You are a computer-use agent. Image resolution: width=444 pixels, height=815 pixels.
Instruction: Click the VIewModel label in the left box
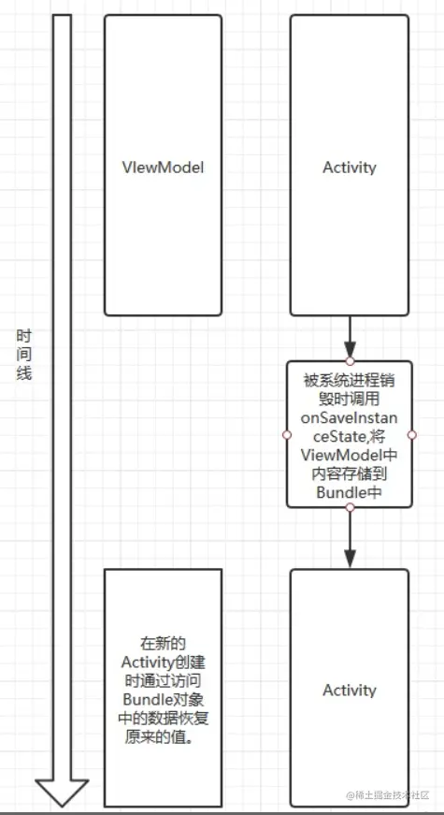pos(163,167)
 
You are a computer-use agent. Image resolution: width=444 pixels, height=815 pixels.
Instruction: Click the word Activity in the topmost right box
pos(349,167)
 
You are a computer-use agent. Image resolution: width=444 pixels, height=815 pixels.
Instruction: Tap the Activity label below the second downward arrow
pos(349,690)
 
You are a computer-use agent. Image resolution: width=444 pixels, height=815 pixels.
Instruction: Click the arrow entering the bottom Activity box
pos(349,538)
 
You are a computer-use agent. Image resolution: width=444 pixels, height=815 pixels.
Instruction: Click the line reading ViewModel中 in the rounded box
pos(349,454)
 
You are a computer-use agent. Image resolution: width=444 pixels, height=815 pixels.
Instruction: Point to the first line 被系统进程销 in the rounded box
pos(349,379)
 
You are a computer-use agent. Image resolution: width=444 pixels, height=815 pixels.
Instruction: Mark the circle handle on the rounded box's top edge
pos(349,360)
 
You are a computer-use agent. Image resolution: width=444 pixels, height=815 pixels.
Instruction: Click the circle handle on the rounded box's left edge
pos(287,435)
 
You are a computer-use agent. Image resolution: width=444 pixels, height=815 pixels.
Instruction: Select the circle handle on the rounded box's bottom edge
pos(349,508)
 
